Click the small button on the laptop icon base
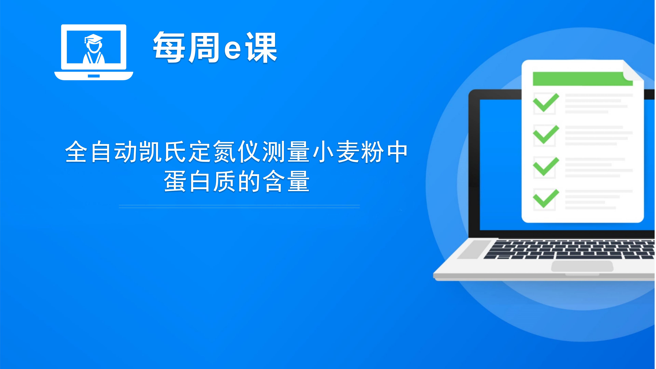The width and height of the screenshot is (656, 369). point(94,76)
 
